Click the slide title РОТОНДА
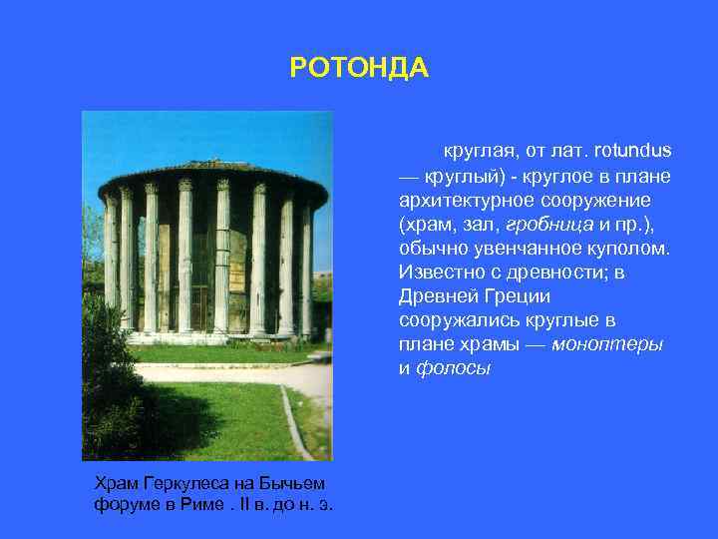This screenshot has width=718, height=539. coord(358,68)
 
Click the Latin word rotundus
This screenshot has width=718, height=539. coord(632,151)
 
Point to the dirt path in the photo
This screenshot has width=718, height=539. coord(239,374)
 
